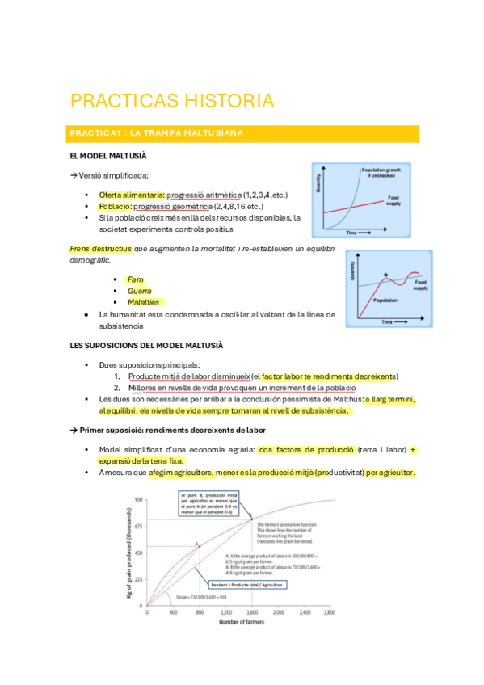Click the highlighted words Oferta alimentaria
(x=129, y=195)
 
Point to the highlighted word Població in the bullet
(x=114, y=207)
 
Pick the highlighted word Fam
(x=135, y=279)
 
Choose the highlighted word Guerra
(x=139, y=291)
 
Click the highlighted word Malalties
(x=143, y=302)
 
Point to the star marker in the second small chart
(x=386, y=275)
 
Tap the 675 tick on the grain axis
(x=138, y=526)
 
